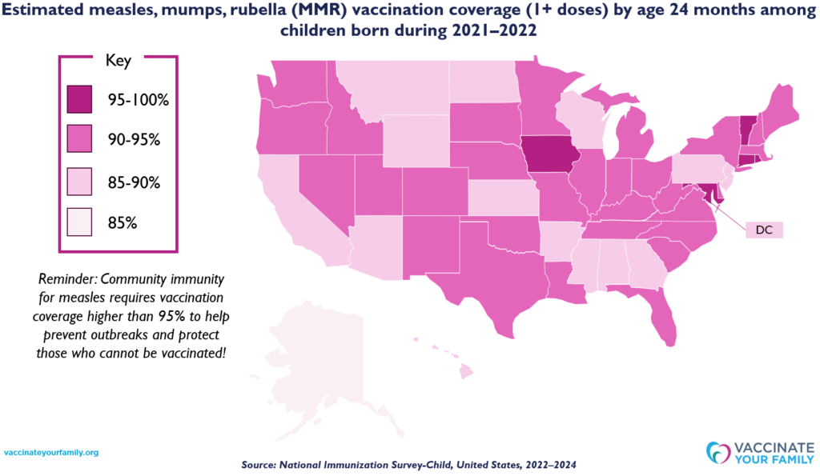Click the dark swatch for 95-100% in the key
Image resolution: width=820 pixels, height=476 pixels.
click(x=79, y=99)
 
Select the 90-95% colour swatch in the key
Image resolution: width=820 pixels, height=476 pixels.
click(x=79, y=139)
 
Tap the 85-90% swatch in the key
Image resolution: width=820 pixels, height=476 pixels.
click(x=79, y=182)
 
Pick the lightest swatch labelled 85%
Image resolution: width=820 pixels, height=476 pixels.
click(x=79, y=222)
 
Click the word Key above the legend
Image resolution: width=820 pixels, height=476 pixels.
click(x=119, y=60)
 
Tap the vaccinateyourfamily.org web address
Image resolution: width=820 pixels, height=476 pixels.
click(x=52, y=453)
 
